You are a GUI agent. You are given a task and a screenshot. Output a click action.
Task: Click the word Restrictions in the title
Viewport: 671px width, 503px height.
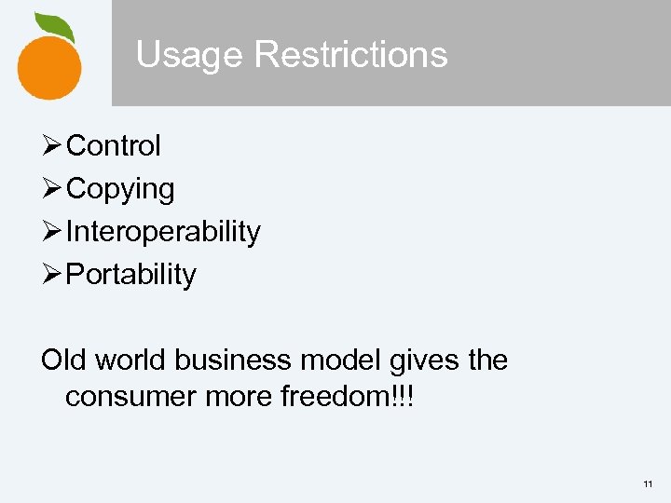[x=350, y=55]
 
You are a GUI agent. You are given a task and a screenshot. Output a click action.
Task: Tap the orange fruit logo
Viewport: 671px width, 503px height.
[x=48, y=65]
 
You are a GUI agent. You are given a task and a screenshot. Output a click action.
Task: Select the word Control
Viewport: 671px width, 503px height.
[x=114, y=146]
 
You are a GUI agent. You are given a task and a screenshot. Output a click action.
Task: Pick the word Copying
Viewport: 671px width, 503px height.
[x=120, y=189]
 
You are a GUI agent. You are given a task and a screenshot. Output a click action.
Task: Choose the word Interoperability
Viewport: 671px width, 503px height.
[x=163, y=232]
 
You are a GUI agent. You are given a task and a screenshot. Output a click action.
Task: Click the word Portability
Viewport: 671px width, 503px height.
[x=131, y=275]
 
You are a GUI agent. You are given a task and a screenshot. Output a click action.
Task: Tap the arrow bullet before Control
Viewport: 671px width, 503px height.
[x=53, y=146]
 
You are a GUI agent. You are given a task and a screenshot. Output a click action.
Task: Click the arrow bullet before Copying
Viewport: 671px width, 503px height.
[x=53, y=189]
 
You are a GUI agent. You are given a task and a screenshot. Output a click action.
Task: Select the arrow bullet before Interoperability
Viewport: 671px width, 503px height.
[x=53, y=232]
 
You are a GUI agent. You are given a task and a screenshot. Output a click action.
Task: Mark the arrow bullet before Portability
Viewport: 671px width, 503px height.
[x=53, y=275]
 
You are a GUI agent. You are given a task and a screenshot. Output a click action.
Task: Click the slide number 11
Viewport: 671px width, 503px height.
[x=648, y=484]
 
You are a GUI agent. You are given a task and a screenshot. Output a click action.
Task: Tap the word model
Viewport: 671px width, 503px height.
[x=336, y=360]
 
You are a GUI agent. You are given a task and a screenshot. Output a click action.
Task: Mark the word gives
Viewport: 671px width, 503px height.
[x=418, y=360]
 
